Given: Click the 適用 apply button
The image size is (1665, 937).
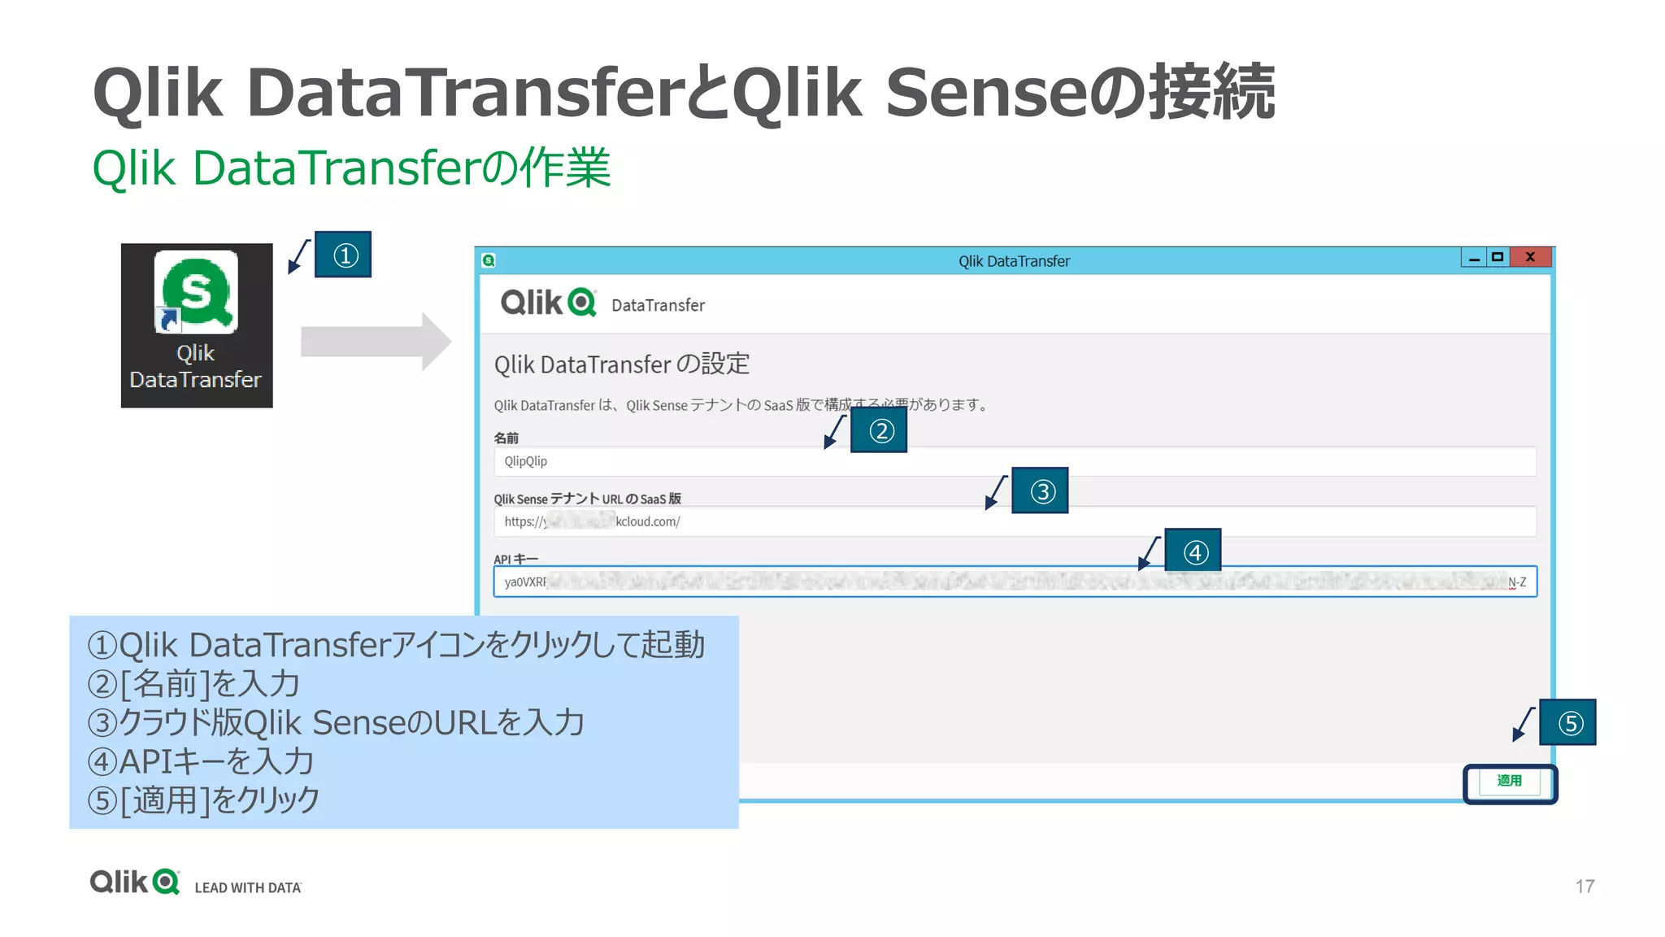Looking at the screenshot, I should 1509,782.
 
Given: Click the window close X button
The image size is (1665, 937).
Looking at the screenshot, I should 1530,257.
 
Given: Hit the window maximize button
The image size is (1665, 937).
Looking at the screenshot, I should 1498,257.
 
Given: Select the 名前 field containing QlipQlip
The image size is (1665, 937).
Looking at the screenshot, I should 1014,461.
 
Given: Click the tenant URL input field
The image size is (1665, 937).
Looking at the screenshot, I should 1014,521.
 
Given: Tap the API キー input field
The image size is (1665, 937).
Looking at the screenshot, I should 1014,582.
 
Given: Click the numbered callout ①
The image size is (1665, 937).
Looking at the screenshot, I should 343,255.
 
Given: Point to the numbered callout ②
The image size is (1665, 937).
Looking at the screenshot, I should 879,430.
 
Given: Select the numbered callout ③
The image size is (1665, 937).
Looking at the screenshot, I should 1040,490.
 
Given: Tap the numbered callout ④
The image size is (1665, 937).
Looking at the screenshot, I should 1193,551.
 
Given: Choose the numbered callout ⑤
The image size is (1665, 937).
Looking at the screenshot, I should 1567,722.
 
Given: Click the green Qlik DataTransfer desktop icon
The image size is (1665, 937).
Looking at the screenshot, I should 197,293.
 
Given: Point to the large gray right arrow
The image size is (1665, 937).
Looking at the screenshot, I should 375,342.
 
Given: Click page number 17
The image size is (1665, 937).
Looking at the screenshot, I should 1585,886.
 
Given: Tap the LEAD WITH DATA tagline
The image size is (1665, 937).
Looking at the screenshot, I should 248,887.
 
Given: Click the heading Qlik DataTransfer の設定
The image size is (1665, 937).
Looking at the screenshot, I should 621,364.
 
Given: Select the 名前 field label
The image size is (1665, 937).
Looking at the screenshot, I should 506,438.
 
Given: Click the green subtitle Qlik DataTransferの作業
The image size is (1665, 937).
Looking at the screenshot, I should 351,168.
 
